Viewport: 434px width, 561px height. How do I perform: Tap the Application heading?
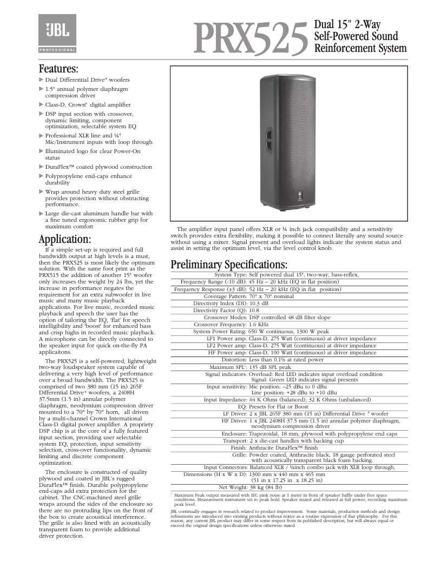click(x=65, y=239)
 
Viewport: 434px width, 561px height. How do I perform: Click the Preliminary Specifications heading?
click(x=229, y=265)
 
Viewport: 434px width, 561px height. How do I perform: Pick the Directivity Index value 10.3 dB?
click(x=259, y=303)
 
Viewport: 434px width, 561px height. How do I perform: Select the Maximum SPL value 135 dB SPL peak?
click(x=270, y=367)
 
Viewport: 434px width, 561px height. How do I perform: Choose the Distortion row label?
click(x=234, y=360)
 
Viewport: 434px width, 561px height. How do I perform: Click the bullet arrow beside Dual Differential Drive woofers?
click(x=41, y=80)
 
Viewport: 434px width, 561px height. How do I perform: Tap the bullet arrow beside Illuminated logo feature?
click(x=41, y=152)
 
